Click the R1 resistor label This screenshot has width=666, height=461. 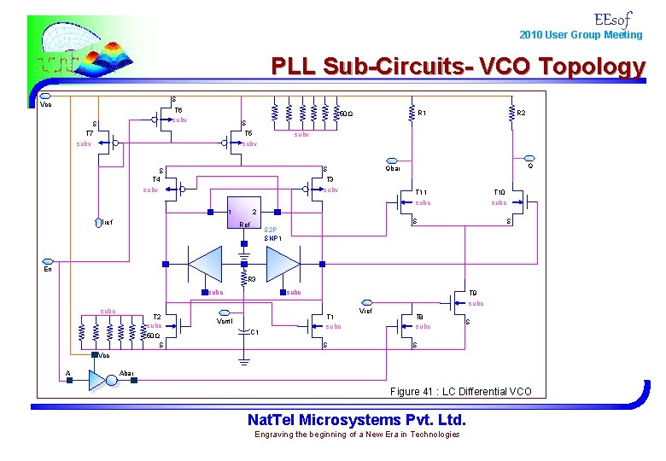click(423, 112)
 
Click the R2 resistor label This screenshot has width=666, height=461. click(520, 112)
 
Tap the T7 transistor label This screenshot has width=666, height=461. click(89, 133)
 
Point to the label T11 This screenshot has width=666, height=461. click(421, 192)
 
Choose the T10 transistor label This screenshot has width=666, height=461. click(499, 192)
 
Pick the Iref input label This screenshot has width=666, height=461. click(107, 223)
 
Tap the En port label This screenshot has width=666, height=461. click(49, 269)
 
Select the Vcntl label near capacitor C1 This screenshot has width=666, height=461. click(225, 321)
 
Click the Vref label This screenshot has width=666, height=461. click(365, 312)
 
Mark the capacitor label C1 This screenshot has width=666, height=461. click(254, 332)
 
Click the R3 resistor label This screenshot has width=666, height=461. click(251, 279)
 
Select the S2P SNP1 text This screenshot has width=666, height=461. click(272, 233)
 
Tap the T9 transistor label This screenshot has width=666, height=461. click(473, 293)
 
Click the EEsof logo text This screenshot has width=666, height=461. click(613, 18)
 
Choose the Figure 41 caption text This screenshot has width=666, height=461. click(460, 391)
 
